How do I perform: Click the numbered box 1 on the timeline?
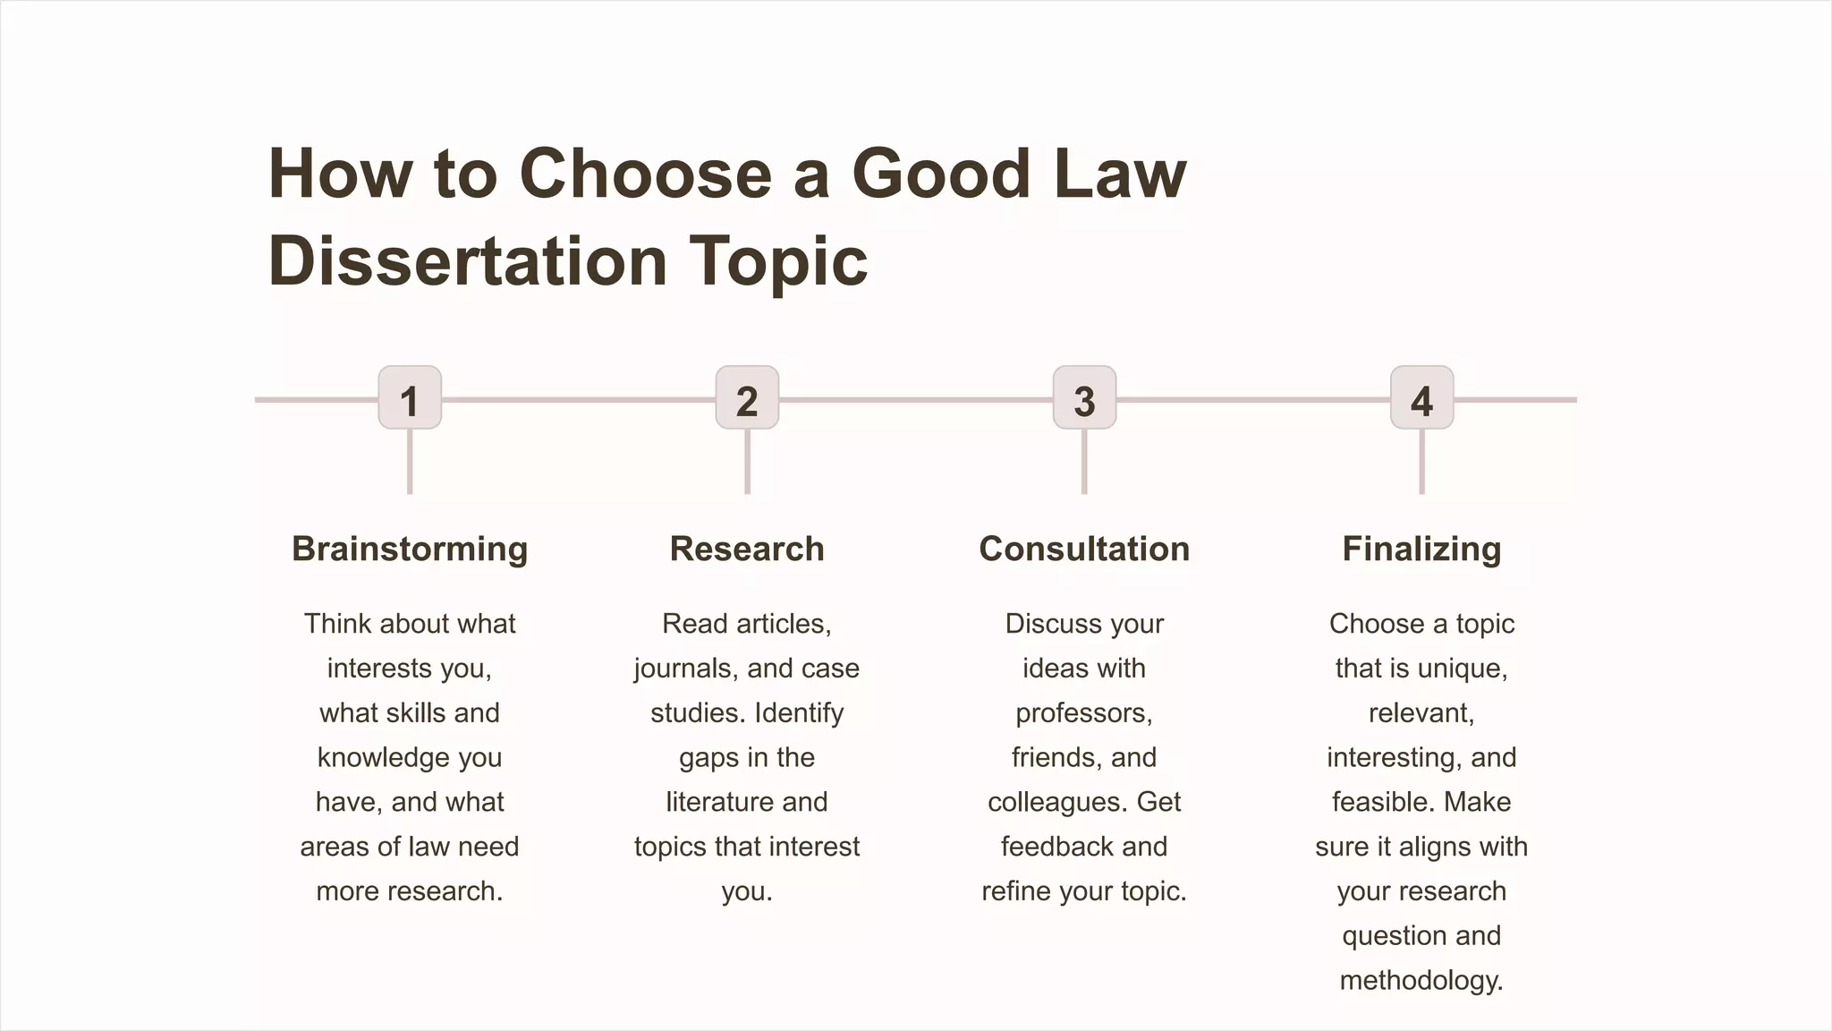(410, 398)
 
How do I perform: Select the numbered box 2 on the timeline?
(747, 398)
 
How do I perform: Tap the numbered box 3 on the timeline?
(1084, 398)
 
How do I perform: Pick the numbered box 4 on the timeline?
(1421, 398)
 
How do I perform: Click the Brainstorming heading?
(410, 549)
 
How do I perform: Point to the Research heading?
(747, 549)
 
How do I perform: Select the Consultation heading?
(1084, 549)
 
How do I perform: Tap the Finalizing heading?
(1421, 549)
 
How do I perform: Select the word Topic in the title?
(778, 262)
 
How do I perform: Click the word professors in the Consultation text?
(1081, 713)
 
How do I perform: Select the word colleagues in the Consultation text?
(1057, 802)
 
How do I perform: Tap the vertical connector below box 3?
(1084, 462)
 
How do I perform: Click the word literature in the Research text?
(719, 802)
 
